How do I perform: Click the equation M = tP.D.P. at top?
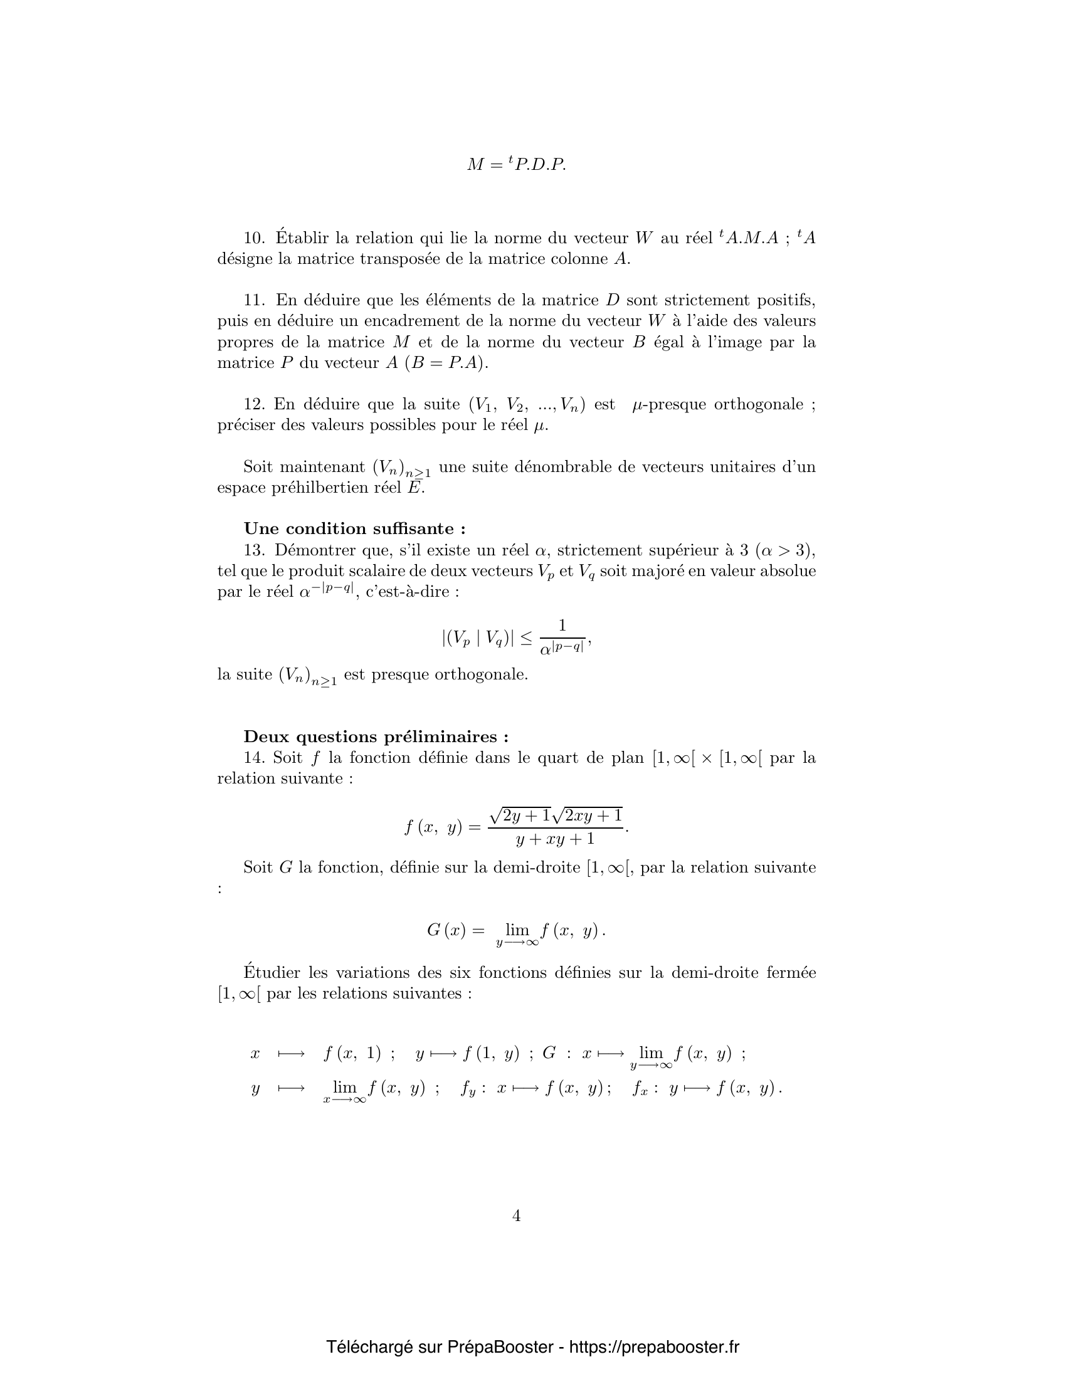coord(516,165)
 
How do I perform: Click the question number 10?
coord(254,238)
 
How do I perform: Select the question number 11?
coord(254,300)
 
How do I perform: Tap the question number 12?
coord(254,404)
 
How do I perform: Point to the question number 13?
coord(254,550)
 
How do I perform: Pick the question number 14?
coord(254,757)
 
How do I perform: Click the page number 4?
coord(516,1215)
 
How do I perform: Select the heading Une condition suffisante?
coord(354,528)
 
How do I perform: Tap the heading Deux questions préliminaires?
coord(376,737)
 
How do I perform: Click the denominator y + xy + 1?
coord(555,839)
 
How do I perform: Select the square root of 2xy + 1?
coord(588,815)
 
